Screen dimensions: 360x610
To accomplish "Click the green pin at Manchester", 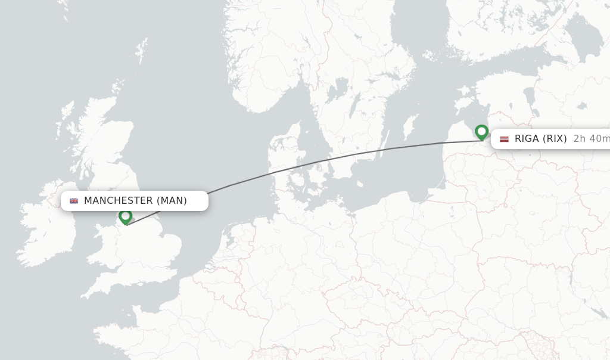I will click(125, 216).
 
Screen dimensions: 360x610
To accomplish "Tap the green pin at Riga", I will click(481, 132).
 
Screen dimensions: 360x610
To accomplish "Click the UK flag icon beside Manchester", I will click(74, 201).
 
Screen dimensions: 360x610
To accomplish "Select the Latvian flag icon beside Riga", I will click(504, 139).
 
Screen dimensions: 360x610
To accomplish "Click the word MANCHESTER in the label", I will click(119, 201).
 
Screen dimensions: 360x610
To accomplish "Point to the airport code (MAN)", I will click(172, 201).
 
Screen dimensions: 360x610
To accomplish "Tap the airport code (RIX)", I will click(555, 139).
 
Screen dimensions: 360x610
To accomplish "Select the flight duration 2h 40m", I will click(591, 139).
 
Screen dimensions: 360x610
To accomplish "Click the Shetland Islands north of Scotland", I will click(142, 49).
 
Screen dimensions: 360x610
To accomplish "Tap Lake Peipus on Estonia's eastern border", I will click(528, 95).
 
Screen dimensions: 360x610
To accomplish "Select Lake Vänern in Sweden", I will click(338, 89).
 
